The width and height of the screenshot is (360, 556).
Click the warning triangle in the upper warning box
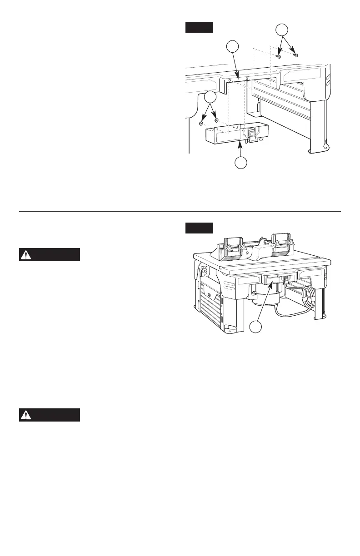click(x=27, y=255)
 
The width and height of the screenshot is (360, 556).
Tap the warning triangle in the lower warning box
click(x=27, y=415)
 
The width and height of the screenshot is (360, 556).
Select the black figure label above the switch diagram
click(x=199, y=27)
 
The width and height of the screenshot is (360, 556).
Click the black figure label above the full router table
click(x=199, y=228)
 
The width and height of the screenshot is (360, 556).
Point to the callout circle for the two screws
click(x=283, y=30)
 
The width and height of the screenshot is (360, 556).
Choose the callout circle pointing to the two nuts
click(x=210, y=97)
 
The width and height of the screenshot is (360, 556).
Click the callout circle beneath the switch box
click(x=241, y=163)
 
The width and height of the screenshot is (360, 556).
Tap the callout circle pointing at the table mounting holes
click(x=232, y=47)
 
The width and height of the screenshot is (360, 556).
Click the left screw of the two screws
click(x=279, y=57)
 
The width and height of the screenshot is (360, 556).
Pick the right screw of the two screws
click(x=295, y=55)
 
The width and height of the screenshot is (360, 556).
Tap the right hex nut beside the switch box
click(x=216, y=121)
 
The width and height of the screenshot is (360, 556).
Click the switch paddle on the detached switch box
click(x=251, y=133)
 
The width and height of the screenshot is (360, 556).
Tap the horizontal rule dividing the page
click(x=180, y=211)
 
